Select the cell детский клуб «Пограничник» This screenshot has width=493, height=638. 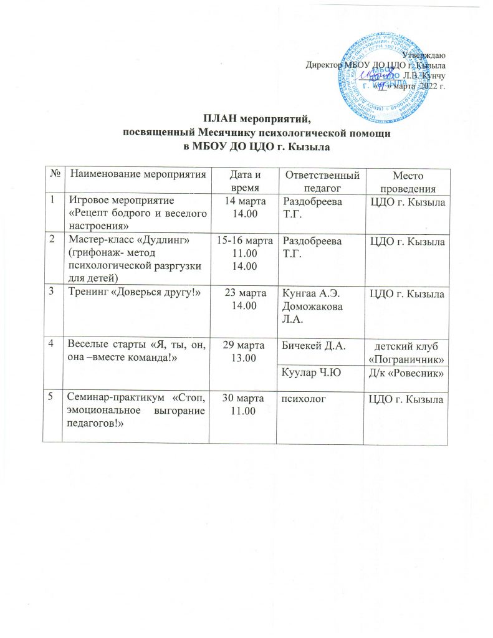click(x=406, y=353)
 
